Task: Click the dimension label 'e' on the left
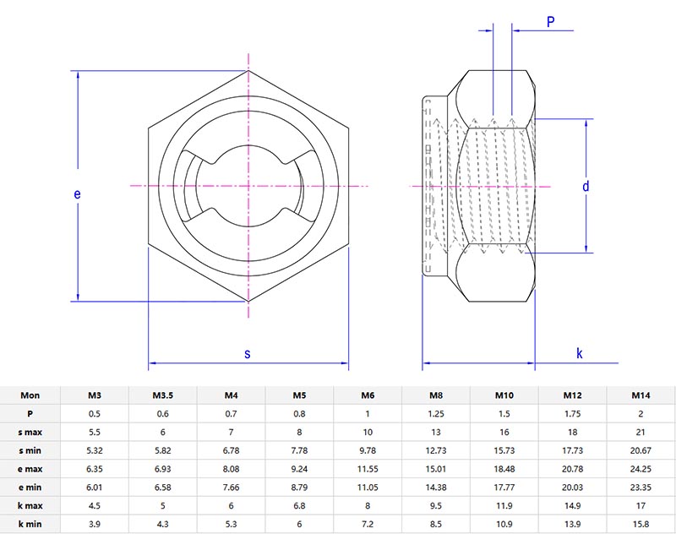point(77,194)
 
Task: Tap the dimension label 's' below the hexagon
point(248,353)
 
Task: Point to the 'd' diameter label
point(585,187)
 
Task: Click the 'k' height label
point(580,353)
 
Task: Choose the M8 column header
point(435,395)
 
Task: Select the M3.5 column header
point(163,395)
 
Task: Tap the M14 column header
point(641,395)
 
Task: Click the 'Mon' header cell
point(30,395)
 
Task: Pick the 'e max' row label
point(30,469)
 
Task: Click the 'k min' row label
point(30,525)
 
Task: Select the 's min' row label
point(30,450)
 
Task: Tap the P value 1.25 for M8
point(435,414)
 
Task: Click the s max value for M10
point(504,432)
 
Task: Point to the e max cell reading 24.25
point(641,469)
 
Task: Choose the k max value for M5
point(299,506)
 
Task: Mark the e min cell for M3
point(95,488)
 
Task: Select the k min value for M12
point(572,525)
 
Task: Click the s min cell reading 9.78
point(368,450)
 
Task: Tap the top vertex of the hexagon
point(248,71)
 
